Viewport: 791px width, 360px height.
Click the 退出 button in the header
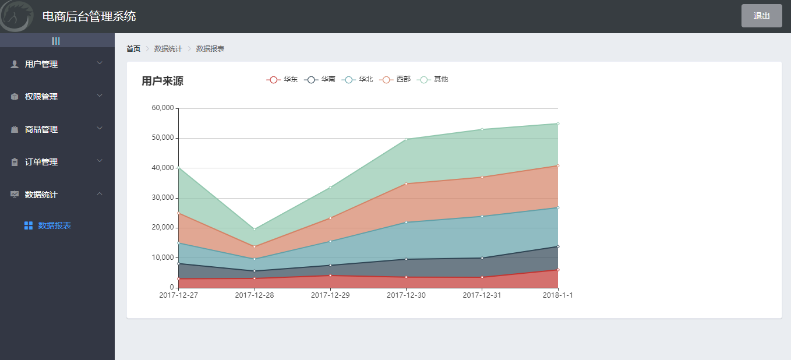[761, 16]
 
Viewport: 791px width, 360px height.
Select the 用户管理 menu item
[41, 64]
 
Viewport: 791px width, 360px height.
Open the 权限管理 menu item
[41, 97]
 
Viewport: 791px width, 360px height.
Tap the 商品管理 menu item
[41, 129]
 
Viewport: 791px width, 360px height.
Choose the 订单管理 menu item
[41, 162]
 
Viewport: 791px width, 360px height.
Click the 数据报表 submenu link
[54, 225]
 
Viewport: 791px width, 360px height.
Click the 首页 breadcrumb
[133, 49]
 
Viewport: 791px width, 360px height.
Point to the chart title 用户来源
[163, 81]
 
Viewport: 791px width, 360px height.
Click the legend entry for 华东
[282, 79]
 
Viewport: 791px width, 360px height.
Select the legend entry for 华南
[320, 79]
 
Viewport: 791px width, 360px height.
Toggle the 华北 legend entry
[358, 79]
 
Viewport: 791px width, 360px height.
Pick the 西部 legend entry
[395, 79]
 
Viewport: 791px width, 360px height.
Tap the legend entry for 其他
[433, 79]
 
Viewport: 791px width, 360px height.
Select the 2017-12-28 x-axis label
[255, 295]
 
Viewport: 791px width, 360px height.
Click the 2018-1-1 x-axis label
[557, 295]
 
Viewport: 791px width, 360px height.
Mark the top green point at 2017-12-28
[255, 229]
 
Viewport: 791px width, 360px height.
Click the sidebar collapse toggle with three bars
[56, 41]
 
